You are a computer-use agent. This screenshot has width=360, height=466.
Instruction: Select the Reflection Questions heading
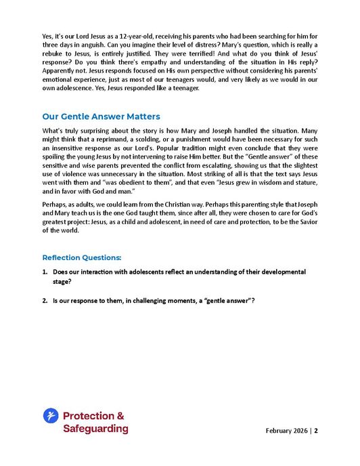(82, 257)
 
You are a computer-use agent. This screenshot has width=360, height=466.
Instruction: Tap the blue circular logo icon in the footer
(50, 415)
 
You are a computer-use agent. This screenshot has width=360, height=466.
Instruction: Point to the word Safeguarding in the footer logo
(95, 428)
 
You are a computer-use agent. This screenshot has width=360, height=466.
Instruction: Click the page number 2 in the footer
(315, 431)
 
